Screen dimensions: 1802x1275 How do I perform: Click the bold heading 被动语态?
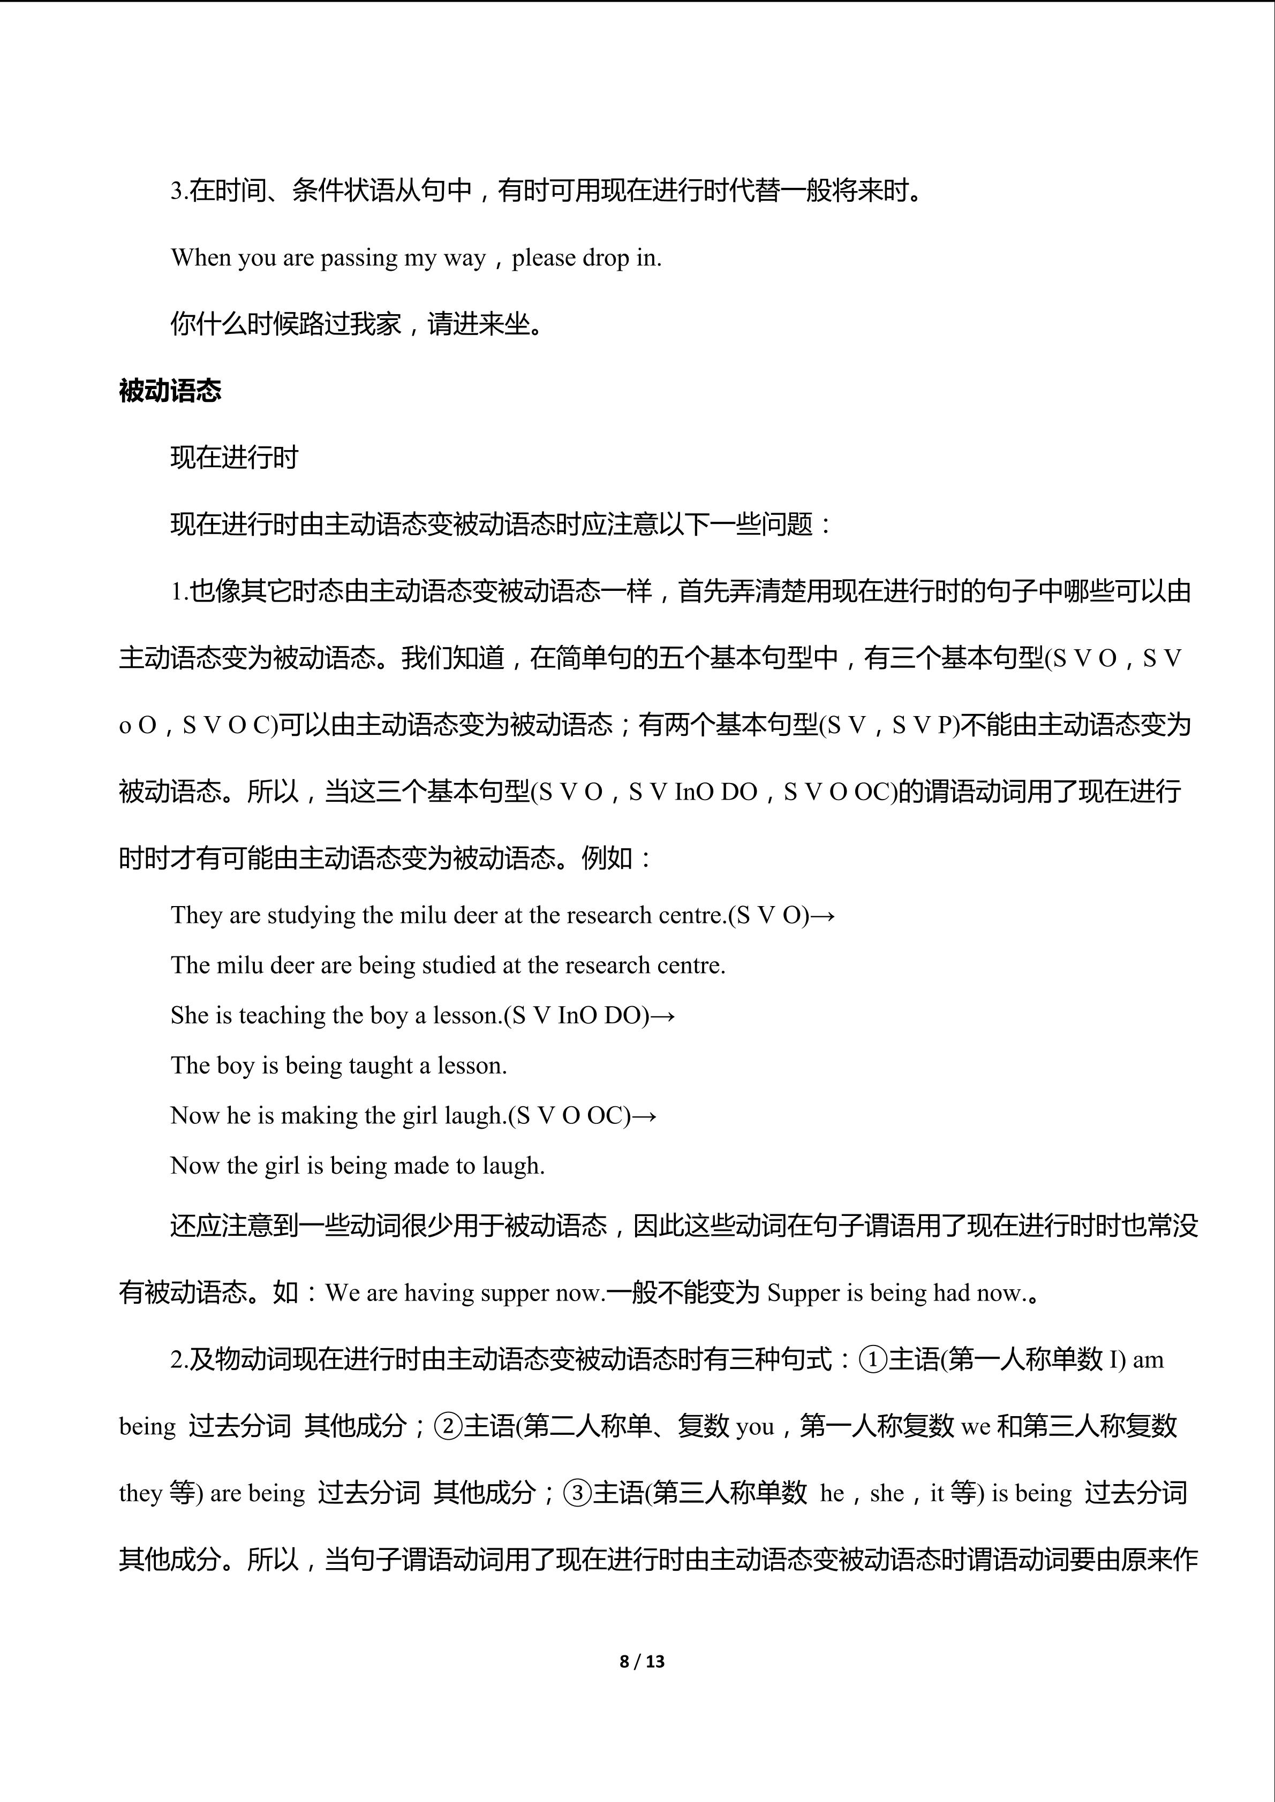pyautogui.click(x=170, y=390)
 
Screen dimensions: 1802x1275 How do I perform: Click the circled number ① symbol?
pyautogui.click(x=873, y=1358)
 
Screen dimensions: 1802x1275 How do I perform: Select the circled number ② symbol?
pyautogui.click(x=448, y=1425)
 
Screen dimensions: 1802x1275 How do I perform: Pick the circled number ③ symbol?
pyautogui.click(x=577, y=1492)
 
